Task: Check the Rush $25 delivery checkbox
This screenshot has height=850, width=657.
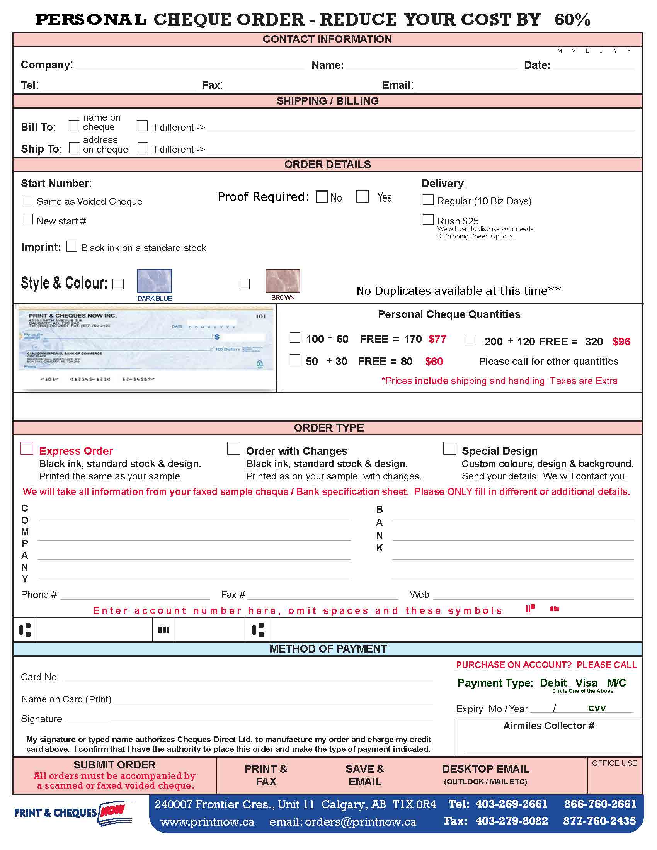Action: [428, 220]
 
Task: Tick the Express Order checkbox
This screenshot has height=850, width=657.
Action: [27, 448]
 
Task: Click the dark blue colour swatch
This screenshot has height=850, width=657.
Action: [154, 280]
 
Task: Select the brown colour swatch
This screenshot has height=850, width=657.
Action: [283, 280]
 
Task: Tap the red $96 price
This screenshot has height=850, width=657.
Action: [621, 342]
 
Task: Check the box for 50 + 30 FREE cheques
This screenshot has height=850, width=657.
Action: [295, 360]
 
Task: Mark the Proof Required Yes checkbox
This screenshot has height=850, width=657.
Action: [362, 197]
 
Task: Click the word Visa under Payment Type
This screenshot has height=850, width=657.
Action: [586, 683]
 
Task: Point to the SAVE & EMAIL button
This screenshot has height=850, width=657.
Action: [365, 775]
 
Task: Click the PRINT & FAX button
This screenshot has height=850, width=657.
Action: [266, 775]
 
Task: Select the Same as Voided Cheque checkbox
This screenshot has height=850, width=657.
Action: [27, 200]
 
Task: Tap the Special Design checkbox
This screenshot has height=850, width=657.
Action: [449, 448]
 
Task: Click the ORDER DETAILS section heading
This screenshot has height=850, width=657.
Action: [327, 164]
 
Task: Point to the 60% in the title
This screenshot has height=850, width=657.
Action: [572, 19]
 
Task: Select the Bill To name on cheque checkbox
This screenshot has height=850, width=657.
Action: [74, 125]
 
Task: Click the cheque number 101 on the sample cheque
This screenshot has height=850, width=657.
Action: [260, 316]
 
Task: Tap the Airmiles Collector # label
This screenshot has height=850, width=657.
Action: [548, 726]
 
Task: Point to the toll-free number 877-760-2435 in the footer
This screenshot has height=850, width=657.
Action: [599, 821]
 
